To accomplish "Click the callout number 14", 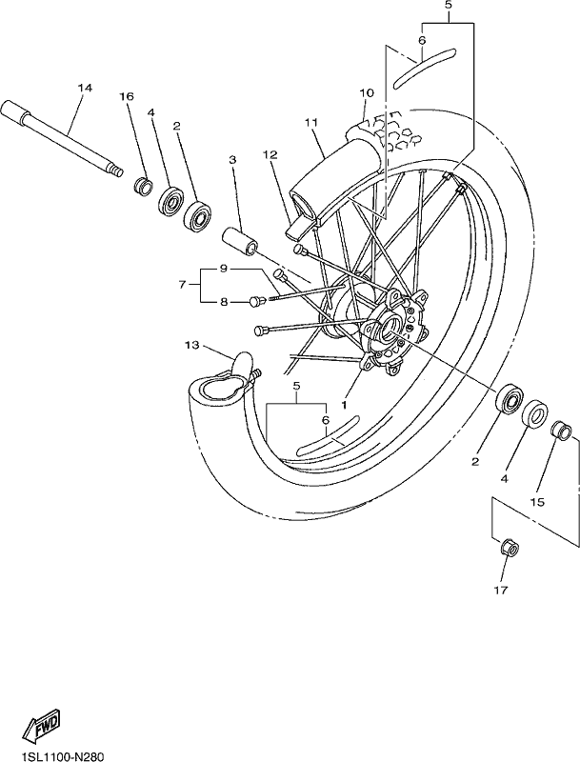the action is (84, 88).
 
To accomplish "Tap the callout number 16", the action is (127, 97).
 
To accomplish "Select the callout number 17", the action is (501, 591).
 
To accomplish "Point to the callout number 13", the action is (191, 345).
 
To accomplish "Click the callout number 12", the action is (270, 154).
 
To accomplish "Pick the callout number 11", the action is (310, 123).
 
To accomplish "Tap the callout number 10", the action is (367, 92).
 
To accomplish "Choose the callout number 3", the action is (232, 159).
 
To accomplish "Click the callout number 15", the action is (538, 502).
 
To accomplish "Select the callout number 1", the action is (344, 404).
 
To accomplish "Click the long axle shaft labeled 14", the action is (62, 137).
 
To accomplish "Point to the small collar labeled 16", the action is (143, 187).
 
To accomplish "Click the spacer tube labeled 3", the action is (239, 242).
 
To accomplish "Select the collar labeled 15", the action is (561, 431).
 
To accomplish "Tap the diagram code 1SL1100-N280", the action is (56, 756).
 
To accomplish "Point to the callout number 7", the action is (182, 285).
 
